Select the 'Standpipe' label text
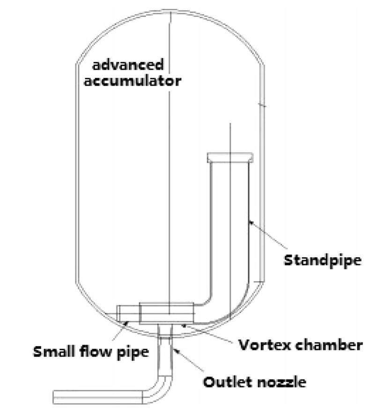pyautogui.click(x=323, y=260)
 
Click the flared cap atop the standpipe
pyautogui.click(x=230, y=157)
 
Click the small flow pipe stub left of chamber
pyautogui.click(x=128, y=313)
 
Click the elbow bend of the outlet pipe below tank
pyautogui.click(x=162, y=391)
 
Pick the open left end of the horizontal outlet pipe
pyautogui.click(x=55, y=397)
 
